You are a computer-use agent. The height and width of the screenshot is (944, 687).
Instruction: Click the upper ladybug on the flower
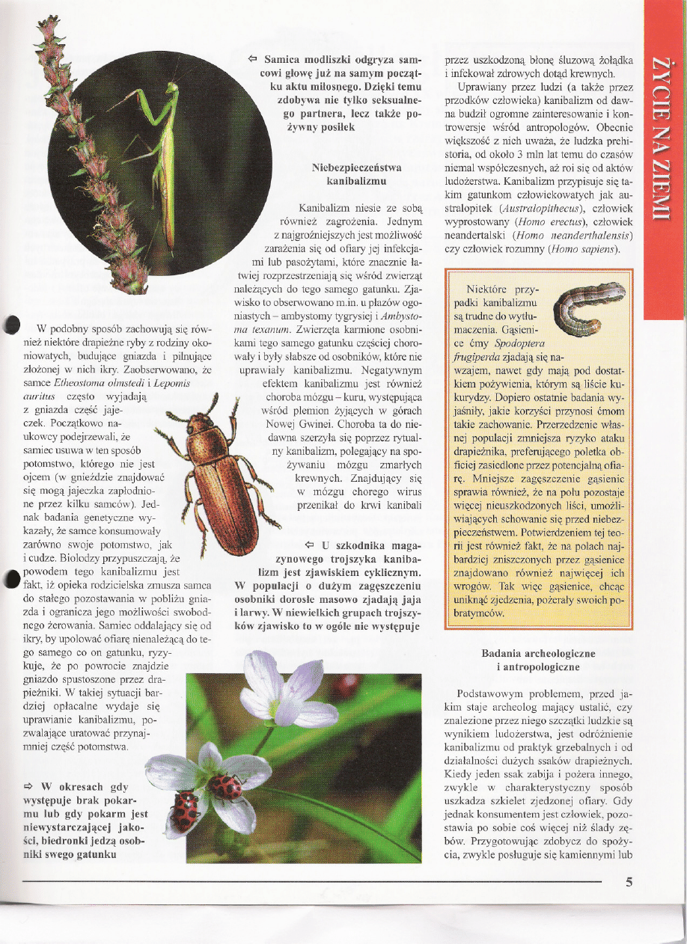pyautogui.click(x=224, y=786)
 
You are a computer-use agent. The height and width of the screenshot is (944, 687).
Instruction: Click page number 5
pyautogui.click(x=629, y=880)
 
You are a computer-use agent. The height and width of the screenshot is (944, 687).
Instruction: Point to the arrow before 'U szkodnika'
pyautogui.click(x=309, y=544)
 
